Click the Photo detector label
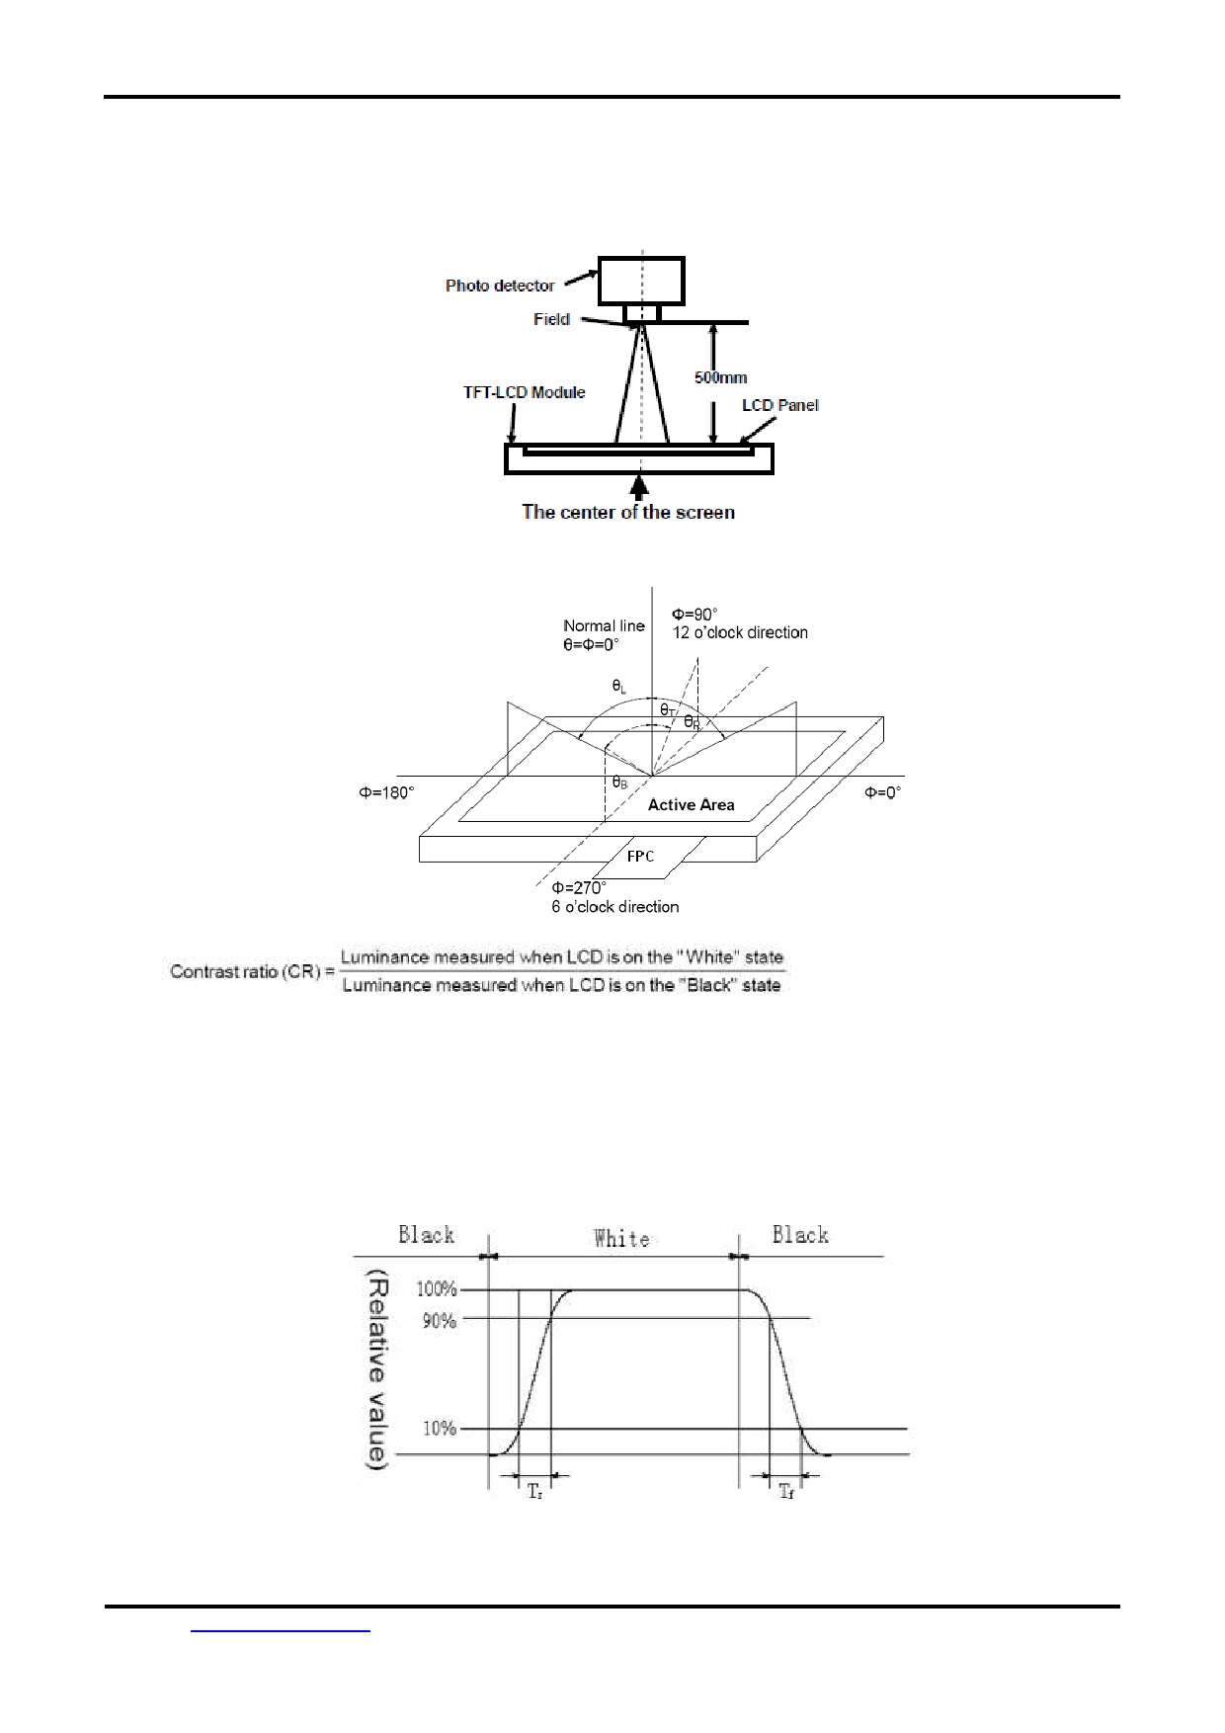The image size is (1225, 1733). [499, 286]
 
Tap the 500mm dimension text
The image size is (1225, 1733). [720, 377]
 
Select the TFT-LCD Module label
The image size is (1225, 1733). [524, 392]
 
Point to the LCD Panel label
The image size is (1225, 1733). [780, 405]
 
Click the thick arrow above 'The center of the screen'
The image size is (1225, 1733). [640, 487]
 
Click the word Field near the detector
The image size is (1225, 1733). [551, 319]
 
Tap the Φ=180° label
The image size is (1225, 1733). [386, 792]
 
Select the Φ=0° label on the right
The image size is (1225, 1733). [883, 792]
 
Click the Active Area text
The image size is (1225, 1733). [691, 805]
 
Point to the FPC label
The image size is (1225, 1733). [641, 856]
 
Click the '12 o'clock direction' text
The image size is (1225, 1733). [740, 632]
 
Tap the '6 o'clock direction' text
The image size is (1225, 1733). [614, 906]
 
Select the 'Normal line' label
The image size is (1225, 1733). [604, 625]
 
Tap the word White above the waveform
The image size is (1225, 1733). [621, 1238]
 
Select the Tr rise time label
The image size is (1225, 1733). [534, 1492]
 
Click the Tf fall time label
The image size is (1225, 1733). [786, 1492]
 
